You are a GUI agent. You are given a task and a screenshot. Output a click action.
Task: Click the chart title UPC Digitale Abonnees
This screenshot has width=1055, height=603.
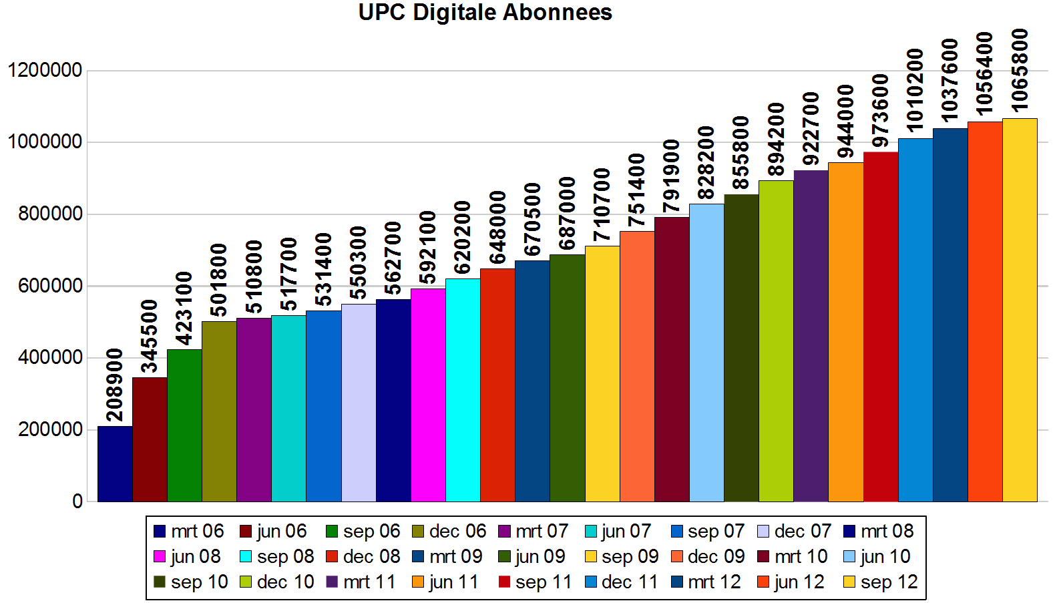click(x=485, y=13)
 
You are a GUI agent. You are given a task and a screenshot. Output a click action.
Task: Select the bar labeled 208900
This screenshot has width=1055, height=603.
click(x=115, y=463)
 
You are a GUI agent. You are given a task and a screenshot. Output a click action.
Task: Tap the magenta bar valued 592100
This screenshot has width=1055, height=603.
click(x=428, y=395)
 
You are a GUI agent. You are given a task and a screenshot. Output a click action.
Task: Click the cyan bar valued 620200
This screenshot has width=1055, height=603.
click(x=463, y=390)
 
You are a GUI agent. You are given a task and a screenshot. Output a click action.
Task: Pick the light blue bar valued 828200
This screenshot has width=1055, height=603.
click(x=706, y=353)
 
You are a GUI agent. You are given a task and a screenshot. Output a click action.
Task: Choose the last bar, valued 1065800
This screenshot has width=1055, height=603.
click(x=1020, y=310)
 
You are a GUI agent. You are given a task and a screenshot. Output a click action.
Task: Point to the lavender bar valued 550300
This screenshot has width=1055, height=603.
click(x=359, y=403)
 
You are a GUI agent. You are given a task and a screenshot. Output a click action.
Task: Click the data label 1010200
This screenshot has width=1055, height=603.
click(x=915, y=90)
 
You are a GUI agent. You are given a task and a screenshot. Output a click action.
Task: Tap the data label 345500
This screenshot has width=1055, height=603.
click(x=149, y=336)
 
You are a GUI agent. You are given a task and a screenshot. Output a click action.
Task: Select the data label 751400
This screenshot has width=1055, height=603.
click(x=636, y=190)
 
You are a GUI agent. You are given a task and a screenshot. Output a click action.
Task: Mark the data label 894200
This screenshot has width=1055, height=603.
click(x=776, y=140)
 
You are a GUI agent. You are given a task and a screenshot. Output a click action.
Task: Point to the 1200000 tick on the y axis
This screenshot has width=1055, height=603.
click(x=45, y=70)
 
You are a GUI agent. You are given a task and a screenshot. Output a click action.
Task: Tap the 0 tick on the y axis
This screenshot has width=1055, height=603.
click(x=77, y=501)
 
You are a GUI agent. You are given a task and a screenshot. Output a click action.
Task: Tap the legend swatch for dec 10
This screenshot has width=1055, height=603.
click(x=246, y=582)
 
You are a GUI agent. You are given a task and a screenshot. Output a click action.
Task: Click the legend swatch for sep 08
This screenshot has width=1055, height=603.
click(x=246, y=557)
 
